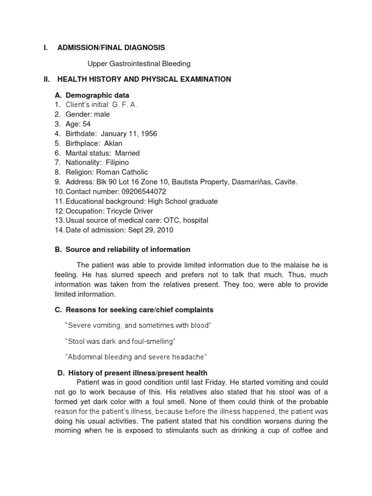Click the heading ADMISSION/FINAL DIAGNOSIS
point(111,47)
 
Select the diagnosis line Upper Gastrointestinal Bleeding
point(139,63)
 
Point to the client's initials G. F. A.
point(124,105)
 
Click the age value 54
point(86,124)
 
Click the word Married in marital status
point(127,153)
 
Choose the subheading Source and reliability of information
point(127,249)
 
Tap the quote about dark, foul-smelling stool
point(120,341)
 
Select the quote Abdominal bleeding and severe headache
point(135,357)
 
